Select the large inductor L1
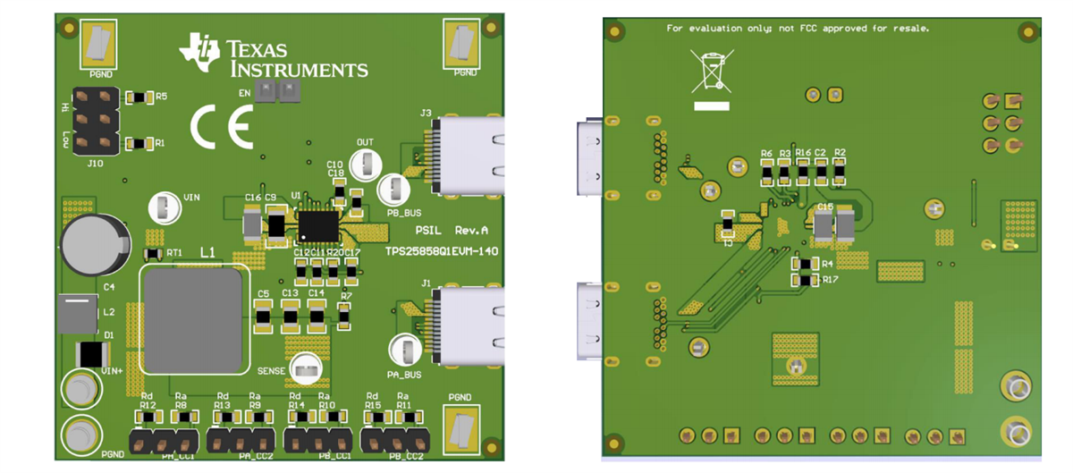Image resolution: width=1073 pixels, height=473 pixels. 194,320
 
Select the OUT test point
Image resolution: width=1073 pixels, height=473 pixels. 367,164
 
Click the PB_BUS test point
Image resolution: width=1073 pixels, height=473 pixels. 393,190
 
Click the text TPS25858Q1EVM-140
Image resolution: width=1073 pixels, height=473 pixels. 442,252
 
